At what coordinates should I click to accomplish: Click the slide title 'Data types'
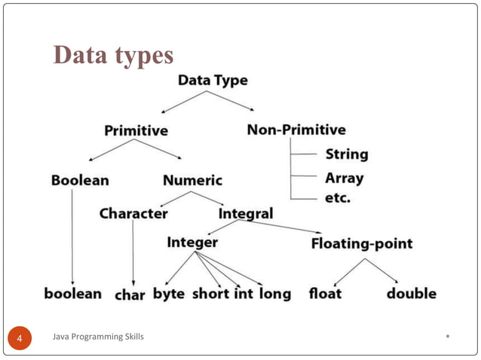click(x=113, y=55)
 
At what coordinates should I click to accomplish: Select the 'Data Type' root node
click(x=212, y=79)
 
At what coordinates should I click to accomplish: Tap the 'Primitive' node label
click(x=136, y=130)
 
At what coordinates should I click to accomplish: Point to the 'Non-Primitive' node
click(x=296, y=130)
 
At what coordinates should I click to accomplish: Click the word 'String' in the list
click(x=347, y=155)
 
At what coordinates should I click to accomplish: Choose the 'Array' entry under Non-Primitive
click(x=344, y=179)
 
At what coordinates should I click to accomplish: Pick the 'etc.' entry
click(x=338, y=200)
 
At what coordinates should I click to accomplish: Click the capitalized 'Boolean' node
click(x=80, y=181)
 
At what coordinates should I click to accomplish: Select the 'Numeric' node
click(x=192, y=181)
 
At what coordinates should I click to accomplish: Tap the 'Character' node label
click(x=133, y=214)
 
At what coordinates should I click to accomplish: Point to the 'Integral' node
click(x=246, y=214)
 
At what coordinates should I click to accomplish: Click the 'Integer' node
click(x=192, y=243)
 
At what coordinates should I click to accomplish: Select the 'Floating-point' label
click(x=362, y=243)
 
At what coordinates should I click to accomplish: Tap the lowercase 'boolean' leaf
click(x=72, y=294)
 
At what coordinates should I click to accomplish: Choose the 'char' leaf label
click(x=129, y=294)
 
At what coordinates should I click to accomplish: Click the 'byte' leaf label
click(x=169, y=294)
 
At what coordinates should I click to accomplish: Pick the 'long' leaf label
click(x=275, y=294)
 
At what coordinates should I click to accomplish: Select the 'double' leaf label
click(x=411, y=294)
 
